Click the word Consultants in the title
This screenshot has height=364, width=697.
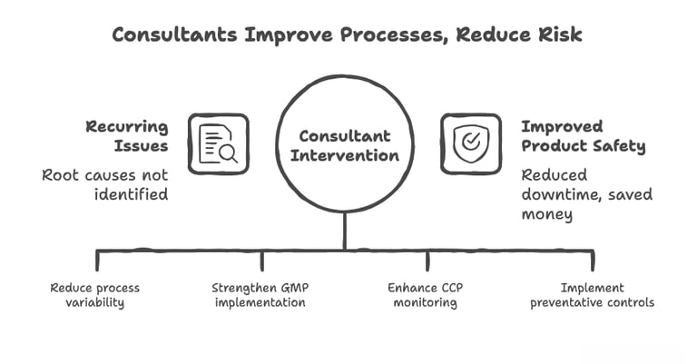170,35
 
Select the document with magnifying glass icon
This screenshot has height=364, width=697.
218,143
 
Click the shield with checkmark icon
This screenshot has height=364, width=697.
469,143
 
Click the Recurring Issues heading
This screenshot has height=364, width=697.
127,136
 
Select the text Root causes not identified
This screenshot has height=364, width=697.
105,183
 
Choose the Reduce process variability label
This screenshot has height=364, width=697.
94,295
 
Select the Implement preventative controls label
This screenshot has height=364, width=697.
593,295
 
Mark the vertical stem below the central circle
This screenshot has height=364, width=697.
344,231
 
